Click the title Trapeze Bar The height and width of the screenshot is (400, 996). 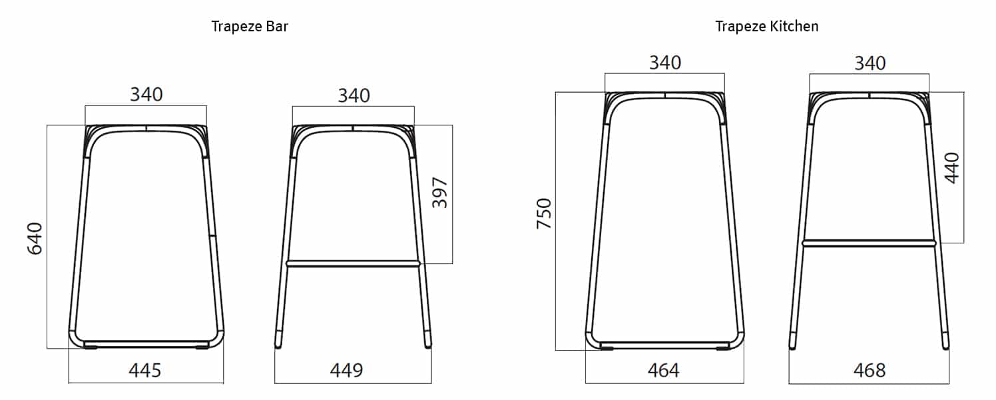pos(250,27)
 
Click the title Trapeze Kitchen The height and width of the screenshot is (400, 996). pos(766,27)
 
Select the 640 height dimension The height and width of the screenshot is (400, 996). pos(35,239)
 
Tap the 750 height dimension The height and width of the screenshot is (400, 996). pos(545,213)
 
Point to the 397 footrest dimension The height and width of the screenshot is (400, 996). pos(440,193)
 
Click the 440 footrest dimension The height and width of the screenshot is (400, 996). pos(951,169)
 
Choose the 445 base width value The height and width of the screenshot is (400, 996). pos(145,370)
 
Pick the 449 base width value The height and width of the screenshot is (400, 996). pos(347,370)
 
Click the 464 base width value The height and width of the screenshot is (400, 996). pos(663,370)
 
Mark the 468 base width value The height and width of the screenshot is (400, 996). pos(869,370)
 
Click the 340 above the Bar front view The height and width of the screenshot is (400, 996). pos(146,95)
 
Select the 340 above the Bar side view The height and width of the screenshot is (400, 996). pos(354,95)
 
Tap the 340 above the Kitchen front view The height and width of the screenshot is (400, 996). pos(665,63)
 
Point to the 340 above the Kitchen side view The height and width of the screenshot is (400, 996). pos(870,63)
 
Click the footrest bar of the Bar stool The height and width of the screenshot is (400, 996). pos(354,264)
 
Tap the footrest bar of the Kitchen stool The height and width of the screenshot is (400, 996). pos(870,243)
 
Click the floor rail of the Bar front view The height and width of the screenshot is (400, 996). pos(146,344)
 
